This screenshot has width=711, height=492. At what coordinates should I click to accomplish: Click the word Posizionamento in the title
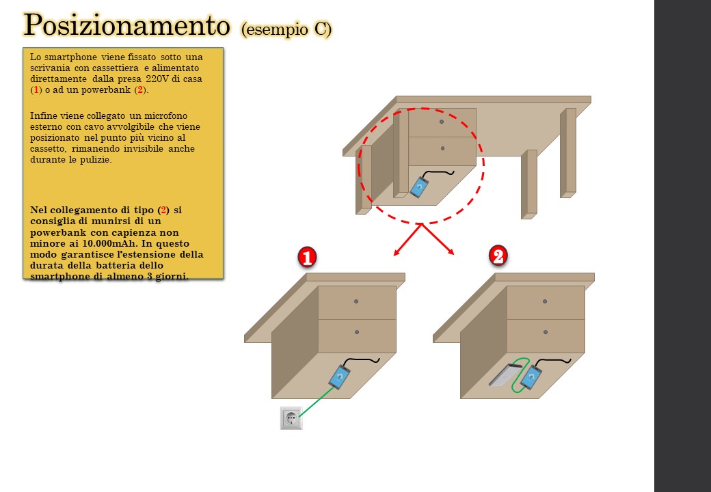coord(126,25)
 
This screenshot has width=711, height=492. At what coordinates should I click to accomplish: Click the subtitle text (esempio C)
coord(286,29)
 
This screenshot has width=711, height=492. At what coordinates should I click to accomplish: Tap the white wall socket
coord(291,418)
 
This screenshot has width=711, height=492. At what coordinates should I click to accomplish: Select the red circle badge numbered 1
coord(307,258)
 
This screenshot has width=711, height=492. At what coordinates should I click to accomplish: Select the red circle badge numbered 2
coord(498,256)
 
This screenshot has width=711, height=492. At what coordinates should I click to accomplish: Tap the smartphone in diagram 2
coord(531,377)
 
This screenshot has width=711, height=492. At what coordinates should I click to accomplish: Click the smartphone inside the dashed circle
coord(420,187)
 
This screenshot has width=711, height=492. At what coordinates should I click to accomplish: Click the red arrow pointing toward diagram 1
coord(407,240)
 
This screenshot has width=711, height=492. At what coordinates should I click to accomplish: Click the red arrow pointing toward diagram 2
coord(438,238)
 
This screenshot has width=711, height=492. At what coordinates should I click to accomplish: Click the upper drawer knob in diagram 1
coord(356,301)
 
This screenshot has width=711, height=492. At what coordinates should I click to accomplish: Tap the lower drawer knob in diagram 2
coord(546,332)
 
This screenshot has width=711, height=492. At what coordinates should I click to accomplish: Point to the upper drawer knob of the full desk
coord(442,122)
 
